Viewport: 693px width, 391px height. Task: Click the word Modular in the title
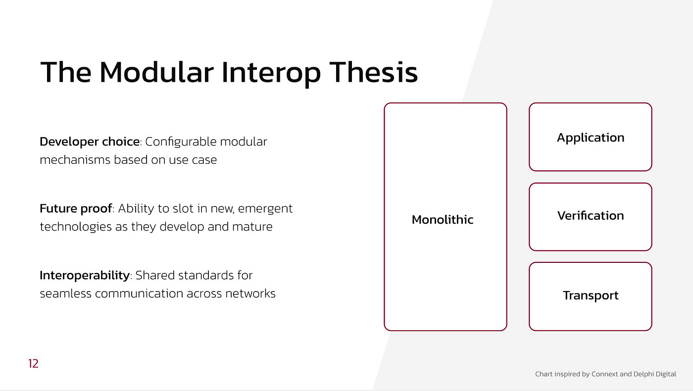[156, 72]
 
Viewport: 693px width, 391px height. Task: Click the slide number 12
[33, 363]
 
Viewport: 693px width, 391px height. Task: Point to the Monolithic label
[443, 220]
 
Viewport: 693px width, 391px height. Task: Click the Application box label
[591, 138]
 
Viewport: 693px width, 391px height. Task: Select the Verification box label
[591, 216]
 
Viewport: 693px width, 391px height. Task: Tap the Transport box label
[591, 295]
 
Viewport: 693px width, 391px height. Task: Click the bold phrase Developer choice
[90, 142]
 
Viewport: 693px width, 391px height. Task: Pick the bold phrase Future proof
[76, 209]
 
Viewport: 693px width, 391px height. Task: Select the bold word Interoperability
[85, 276]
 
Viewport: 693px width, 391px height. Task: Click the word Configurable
[181, 142]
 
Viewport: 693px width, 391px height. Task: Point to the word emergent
[265, 209]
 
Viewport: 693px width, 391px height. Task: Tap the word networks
[250, 293]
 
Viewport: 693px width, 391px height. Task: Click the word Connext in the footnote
[605, 374]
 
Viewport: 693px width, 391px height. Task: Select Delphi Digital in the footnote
[654, 374]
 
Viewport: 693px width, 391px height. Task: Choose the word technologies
[76, 227]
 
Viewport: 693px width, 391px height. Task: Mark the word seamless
[65, 293]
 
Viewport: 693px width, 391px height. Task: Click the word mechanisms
[75, 160]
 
